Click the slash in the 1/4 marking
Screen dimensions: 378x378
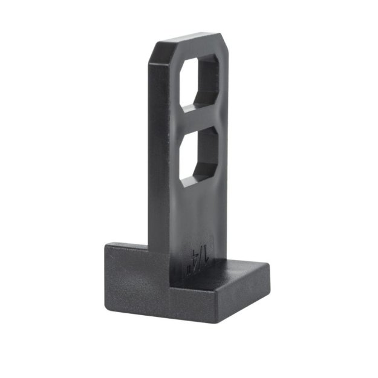click(198, 255)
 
